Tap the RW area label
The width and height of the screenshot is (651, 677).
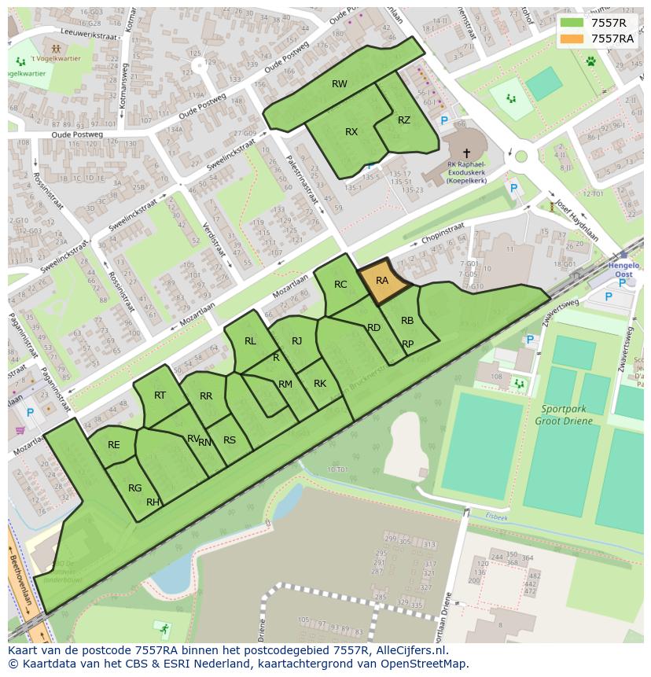(x=340, y=84)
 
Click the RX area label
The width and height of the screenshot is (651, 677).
(x=351, y=132)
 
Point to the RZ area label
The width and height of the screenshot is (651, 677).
(x=404, y=120)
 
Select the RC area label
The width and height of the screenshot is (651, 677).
(x=340, y=285)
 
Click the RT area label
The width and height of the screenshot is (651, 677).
(x=160, y=396)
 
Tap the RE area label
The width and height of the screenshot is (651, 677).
(x=114, y=445)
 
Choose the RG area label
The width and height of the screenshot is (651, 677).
(x=135, y=488)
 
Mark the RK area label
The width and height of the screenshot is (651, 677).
(x=320, y=384)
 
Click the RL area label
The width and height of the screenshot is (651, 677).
(x=250, y=341)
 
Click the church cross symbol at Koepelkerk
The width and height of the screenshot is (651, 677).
(x=466, y=153)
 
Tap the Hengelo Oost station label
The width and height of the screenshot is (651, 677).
(x=623, y=270)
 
